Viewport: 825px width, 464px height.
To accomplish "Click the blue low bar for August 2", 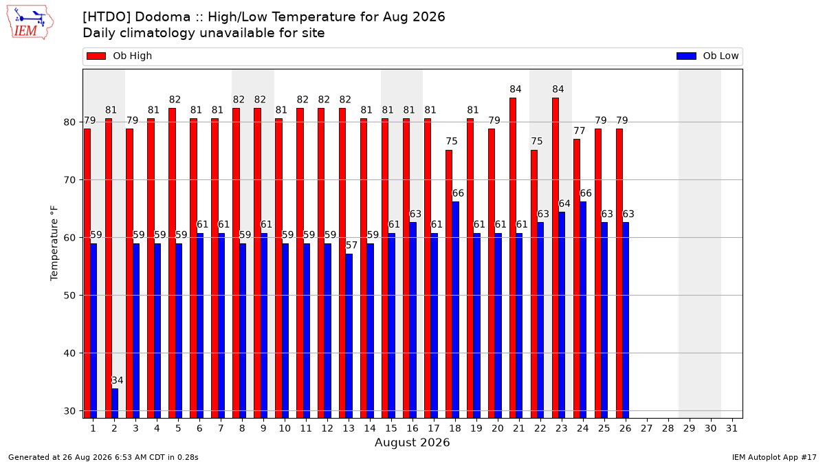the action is [115, 404].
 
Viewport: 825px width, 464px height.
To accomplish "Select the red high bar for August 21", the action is [513, 258].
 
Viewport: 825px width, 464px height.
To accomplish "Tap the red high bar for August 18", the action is [449, 285].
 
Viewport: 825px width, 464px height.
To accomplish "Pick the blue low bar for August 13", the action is [349, 336].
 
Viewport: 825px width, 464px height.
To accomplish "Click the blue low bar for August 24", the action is [583, 310].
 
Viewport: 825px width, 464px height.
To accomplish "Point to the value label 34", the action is [117, 380].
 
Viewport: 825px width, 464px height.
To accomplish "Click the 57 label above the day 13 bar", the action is [351, 245].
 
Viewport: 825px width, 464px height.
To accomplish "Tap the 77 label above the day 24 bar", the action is [580, 131].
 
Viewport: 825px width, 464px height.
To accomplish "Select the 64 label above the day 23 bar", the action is [564, 203].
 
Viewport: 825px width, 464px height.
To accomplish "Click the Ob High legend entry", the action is [120, 56].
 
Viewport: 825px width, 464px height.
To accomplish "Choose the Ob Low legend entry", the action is [707, 56].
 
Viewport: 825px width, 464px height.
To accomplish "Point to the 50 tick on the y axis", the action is [69, 296].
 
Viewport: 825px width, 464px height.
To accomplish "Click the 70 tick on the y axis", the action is [69, 180].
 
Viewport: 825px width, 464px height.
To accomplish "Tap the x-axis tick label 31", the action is [731, 429].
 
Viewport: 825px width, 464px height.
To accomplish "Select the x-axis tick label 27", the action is [647, 429].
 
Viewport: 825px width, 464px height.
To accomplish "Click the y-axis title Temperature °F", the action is [54, 243].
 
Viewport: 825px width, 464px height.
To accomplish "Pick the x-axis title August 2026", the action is [412, 442].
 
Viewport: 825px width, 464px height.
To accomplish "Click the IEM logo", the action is [30, 23].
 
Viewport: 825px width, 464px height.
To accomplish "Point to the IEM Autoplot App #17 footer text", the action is [774, 457].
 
